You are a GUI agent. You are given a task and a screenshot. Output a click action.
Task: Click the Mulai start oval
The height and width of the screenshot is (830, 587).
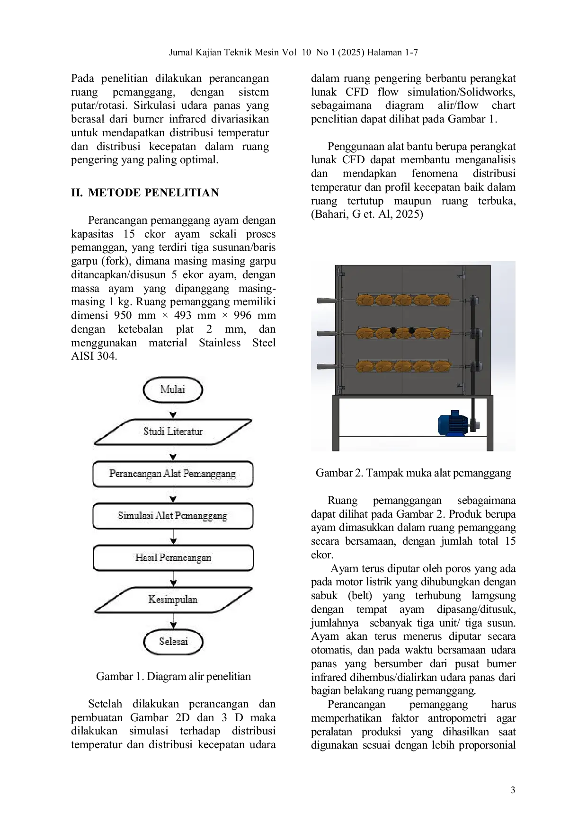[x=173, y=389]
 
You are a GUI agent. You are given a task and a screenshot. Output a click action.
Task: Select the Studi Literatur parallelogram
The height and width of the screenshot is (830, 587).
[x=173, y=432]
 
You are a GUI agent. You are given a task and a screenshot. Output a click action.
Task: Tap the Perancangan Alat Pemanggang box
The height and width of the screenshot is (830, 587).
[x=173, y=474]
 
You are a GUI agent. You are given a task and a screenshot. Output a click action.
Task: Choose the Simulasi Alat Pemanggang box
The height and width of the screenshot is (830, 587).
[x=173, y=516]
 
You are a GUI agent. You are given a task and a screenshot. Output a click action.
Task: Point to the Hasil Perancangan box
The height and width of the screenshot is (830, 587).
[x=173, y=558]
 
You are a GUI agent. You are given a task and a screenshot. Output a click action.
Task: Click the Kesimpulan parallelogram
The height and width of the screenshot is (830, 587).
[x=173, y=600]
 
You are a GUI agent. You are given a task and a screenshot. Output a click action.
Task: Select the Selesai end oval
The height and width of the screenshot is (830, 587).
[x=173, y=642]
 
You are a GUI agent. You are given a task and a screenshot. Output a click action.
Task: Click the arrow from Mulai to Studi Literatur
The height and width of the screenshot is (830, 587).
[x=173, y=411]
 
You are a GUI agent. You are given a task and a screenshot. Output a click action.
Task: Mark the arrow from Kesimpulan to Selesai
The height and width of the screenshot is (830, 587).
[x=173, y=621]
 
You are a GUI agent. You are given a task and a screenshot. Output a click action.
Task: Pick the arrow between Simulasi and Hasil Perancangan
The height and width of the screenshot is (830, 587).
[x=173, y=537]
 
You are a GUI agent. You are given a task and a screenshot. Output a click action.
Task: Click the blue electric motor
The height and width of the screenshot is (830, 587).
[x=452, y=423]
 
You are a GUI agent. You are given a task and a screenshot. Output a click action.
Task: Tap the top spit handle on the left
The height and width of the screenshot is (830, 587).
[x=326, y=300]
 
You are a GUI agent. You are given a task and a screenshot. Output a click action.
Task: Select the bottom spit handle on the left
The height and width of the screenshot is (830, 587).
[x=326, y=366]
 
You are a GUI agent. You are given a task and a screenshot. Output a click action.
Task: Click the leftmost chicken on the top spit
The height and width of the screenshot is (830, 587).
[x=365, y=300]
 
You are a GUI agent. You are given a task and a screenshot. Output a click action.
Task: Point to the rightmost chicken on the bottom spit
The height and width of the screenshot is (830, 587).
[x=441, y=366]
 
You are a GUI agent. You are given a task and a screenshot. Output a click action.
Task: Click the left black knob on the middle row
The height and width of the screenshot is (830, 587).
[x=393, y=330]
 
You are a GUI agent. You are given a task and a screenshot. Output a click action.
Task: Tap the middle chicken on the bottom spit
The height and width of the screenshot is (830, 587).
[x=403, y=366]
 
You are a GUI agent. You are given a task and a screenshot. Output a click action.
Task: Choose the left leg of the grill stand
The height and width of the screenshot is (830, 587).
[x=336, y=424]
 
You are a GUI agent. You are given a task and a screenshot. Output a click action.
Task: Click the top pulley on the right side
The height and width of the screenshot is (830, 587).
[x=474, y=300]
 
